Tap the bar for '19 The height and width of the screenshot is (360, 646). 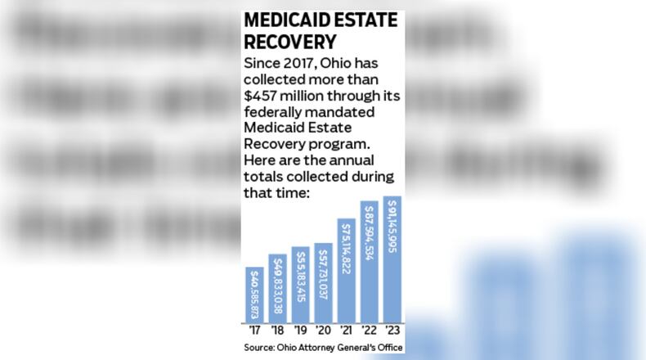coord(300,283)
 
